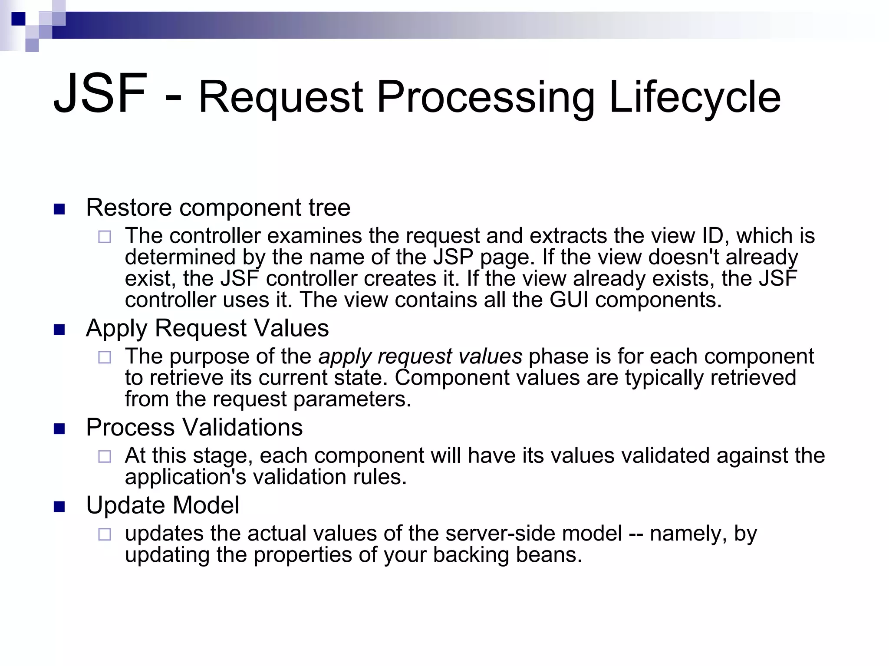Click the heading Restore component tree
(x=218, y=208)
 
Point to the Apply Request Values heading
(x=207, y=328)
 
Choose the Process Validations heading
(x=194, y=427)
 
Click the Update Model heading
(x=162, y=505)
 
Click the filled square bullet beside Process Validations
(x=59, y=429)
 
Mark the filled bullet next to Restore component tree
(x=59, y=209)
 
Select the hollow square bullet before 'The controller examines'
(x=104, y=237)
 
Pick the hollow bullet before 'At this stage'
(x=104, y=456)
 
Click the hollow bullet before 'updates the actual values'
(x=104, y=534)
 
